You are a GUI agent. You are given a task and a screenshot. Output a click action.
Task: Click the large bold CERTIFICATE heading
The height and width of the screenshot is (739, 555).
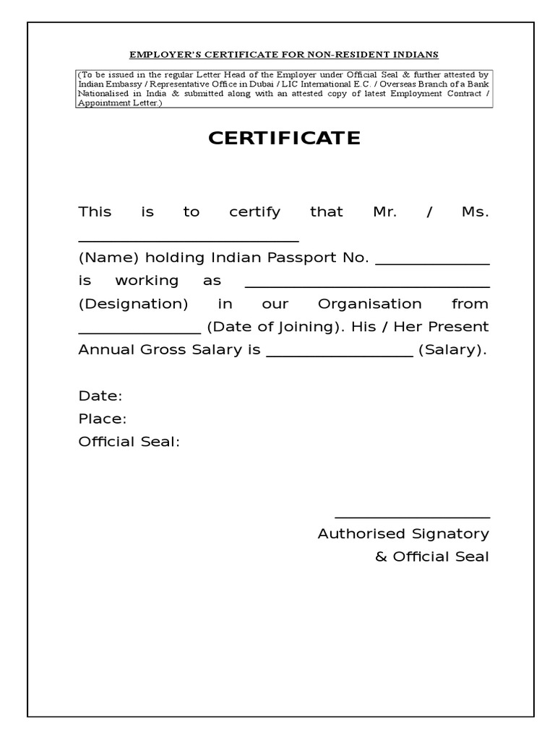pyautogui.click(x=284, y=139)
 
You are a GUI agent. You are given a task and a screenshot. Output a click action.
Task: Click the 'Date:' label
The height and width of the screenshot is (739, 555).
pyautogui.click(x=100, y=396)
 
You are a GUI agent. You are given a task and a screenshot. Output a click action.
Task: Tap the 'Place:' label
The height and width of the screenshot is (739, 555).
pyautogui.click(x=103, y=419)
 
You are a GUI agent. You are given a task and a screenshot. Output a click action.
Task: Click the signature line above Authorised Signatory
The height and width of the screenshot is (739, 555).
pyautogui.click(x=412, y=517)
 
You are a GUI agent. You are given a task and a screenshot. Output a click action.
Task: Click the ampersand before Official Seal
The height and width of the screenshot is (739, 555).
pyautogui.click(x=381, y=557)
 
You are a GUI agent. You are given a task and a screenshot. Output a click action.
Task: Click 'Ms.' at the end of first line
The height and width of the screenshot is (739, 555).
pyautogui.click(x=475, y=212)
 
